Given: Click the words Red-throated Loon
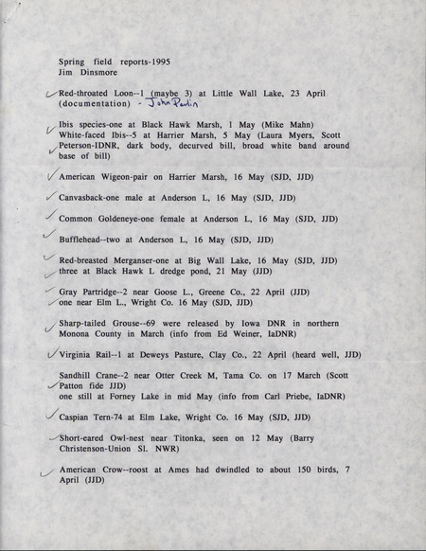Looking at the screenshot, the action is pos(92,93).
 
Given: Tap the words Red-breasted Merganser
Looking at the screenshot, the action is pos(104,259).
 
